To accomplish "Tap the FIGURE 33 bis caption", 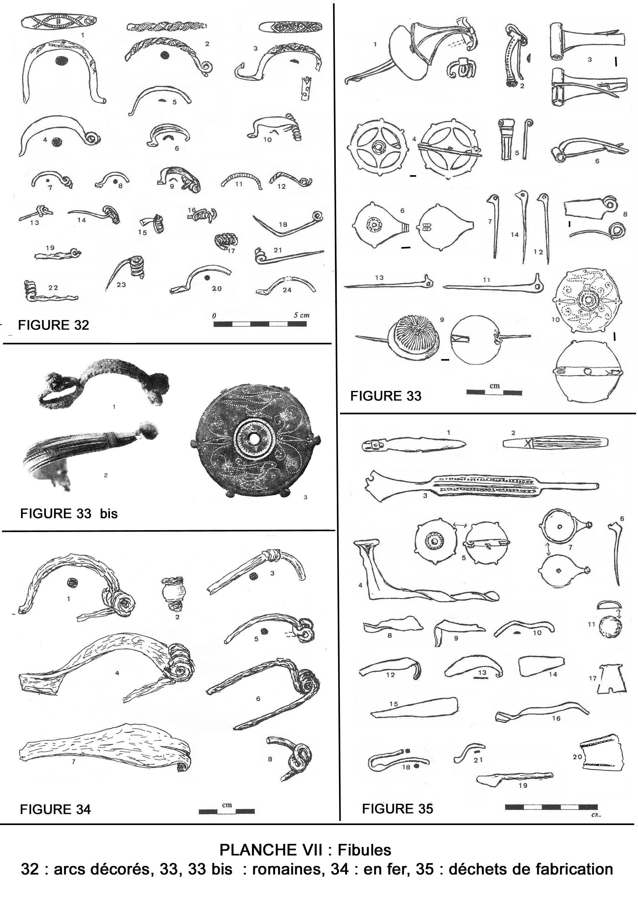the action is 69,514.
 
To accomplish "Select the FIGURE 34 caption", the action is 55,809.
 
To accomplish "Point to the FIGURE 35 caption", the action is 397,809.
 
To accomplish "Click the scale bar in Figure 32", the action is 260,324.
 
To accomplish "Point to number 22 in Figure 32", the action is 53,288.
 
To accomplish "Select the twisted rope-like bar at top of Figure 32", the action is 166,27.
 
